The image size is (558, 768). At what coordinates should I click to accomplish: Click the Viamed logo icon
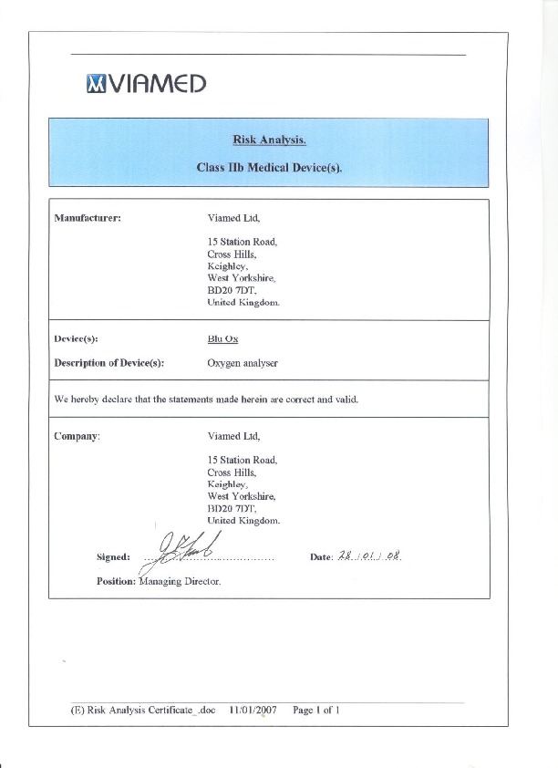click(96, 84)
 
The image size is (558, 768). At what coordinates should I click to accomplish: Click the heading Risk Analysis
click(269, 140)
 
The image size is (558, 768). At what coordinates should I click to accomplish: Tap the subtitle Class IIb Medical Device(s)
click(269, 168)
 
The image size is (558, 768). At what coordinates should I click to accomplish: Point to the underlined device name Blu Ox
click(222, 338)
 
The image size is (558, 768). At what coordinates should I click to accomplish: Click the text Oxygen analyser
click(243, 363)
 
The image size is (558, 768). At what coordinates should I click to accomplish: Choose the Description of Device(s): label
click(108, 363)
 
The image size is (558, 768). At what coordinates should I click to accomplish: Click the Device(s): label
click(77, 338)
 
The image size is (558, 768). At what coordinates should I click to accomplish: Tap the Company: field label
click(77, 436)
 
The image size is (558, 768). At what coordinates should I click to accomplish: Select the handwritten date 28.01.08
click(370, 555)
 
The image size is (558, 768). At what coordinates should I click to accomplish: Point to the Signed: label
click(113, 556)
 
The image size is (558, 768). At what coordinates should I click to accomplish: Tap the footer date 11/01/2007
click(253, 709)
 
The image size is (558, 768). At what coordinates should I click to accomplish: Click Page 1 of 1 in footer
click(316, 709)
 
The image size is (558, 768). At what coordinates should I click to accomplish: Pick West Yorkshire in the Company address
click(240, 496)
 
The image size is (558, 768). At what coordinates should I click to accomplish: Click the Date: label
click(321, 556)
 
